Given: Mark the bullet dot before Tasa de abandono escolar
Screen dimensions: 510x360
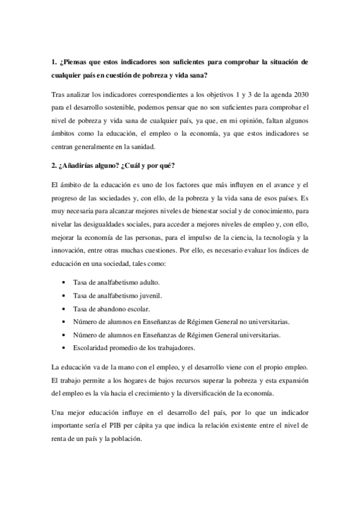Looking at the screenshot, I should tap(64, 309).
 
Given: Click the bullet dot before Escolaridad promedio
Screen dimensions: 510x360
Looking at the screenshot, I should tap(64, 348).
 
